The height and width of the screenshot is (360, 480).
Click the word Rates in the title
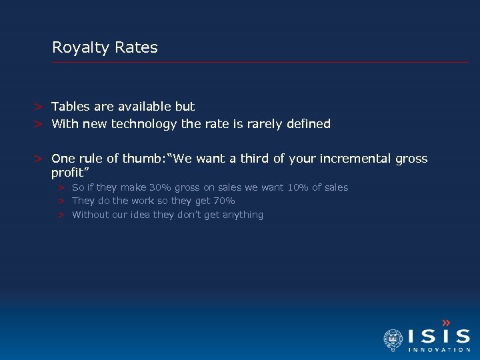click(x=136, y=48)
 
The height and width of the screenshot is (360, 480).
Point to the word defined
click(x=308, y=124)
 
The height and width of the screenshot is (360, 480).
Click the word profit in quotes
click(x=69, y=173)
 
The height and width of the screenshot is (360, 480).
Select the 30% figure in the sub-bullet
click(x=161, y=187)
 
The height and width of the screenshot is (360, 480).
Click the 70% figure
click(x=223, y=201)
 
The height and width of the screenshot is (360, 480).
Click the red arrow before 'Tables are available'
click(x=40, y=107)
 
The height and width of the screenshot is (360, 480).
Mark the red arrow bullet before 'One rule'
click(x=40, y=159)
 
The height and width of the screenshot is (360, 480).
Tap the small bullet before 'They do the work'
click(x=60, y=201)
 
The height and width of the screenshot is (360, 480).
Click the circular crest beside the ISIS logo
click(x=393, y=339)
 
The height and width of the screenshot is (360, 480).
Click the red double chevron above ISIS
click(x=446, y=322)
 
